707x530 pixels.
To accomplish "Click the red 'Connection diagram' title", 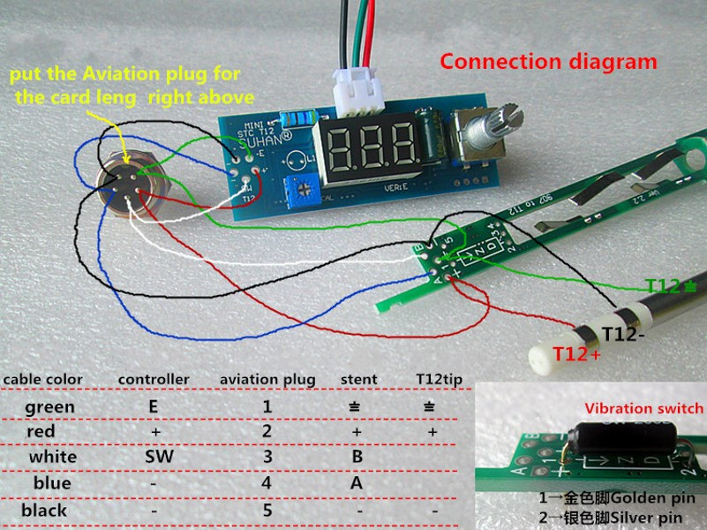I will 548,62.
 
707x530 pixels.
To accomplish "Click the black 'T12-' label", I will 623,334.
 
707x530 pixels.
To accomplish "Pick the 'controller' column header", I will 154,379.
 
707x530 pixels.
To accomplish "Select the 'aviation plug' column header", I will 267,380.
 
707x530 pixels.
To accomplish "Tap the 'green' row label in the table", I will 50,406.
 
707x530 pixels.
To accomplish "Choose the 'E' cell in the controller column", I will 154,406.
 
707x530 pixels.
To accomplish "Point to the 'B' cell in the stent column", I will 357,457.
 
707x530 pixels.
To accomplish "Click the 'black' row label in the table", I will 45,510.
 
